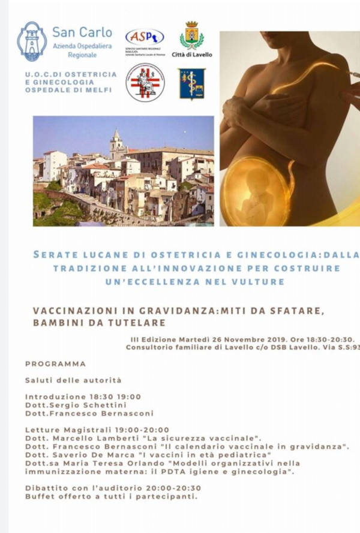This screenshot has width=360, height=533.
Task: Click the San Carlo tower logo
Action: (32, 42)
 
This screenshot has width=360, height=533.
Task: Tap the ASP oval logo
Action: (145, 37)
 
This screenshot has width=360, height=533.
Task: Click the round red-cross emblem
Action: (145, 83)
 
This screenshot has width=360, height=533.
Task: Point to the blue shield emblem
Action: (191, 83)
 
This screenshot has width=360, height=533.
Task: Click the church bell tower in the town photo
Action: (116, 144)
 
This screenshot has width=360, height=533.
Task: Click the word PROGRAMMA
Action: (56, 364)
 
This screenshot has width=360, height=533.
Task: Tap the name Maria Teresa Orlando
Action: (95, 463)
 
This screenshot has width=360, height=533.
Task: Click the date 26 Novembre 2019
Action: (231, 339)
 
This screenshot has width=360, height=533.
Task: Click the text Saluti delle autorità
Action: (73, 380)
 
